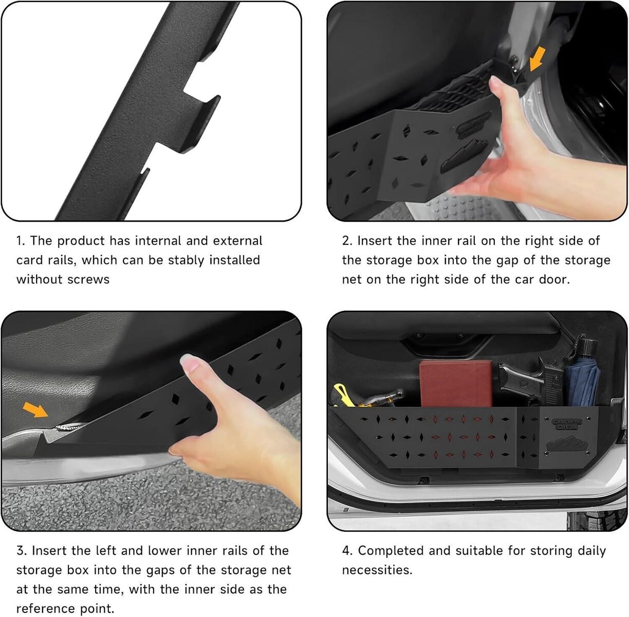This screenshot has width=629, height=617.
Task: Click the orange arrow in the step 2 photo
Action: click(x=536, y=59)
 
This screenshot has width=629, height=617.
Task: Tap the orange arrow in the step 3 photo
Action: click(x=35, y=410)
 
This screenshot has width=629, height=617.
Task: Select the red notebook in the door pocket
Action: click(x=456, y=384)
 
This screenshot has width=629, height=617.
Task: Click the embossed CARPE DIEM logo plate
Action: click(x=568, y=425)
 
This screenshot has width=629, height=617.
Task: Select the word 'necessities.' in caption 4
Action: click(x=377, y=570)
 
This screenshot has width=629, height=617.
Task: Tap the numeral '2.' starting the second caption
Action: click(x=347, y=241)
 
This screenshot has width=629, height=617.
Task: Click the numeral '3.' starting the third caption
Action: click(x=22, y=551)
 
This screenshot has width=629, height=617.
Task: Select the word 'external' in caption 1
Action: click(x=237, y=241)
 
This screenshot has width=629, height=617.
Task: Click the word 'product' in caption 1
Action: click(x=81, y=241)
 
